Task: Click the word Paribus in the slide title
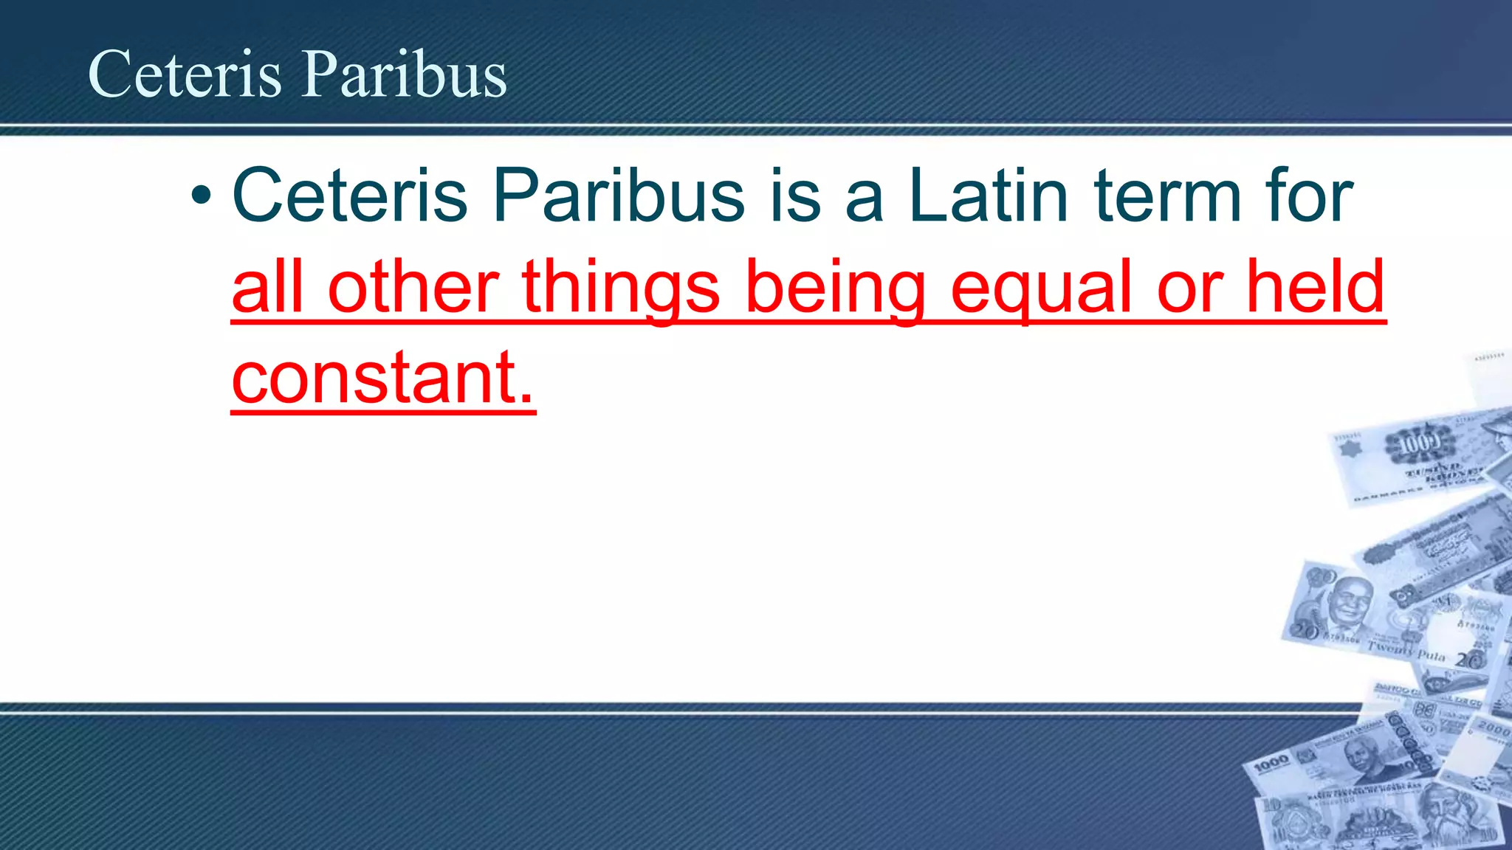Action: [x=405, y=74]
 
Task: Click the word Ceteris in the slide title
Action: [x=185, y=74]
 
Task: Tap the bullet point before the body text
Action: [x=201, y=196]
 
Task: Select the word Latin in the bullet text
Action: [x=988, y=196]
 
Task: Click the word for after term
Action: [x=1309, y=196]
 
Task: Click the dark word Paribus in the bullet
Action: [x=619, y=196]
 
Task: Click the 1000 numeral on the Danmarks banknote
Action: [x=1419, y=444]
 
